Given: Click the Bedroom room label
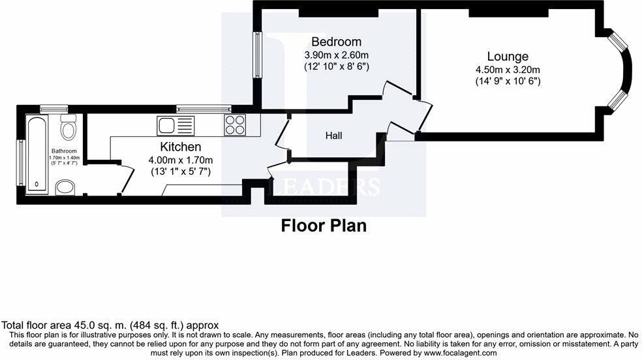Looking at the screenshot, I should tap(337, 42).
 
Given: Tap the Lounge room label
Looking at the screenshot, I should tap(508, 57).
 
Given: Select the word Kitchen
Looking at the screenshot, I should tap(181, 147).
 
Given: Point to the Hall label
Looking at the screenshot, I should tap(333, 136).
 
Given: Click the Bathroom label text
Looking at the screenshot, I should tap(65, 151).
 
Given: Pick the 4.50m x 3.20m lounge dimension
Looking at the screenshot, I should tap(508, 70).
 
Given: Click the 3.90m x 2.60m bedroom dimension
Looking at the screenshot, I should tap(337, 54).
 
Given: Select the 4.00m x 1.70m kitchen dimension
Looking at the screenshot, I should tap(181, 160).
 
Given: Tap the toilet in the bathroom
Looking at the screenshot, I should tap(67, 128).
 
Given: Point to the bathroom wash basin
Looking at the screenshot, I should tap(65, 188).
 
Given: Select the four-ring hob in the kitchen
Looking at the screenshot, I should tap(235, 124).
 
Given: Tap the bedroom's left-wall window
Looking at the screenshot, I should tap(258, 58).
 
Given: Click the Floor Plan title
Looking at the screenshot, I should tap(324, 226).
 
